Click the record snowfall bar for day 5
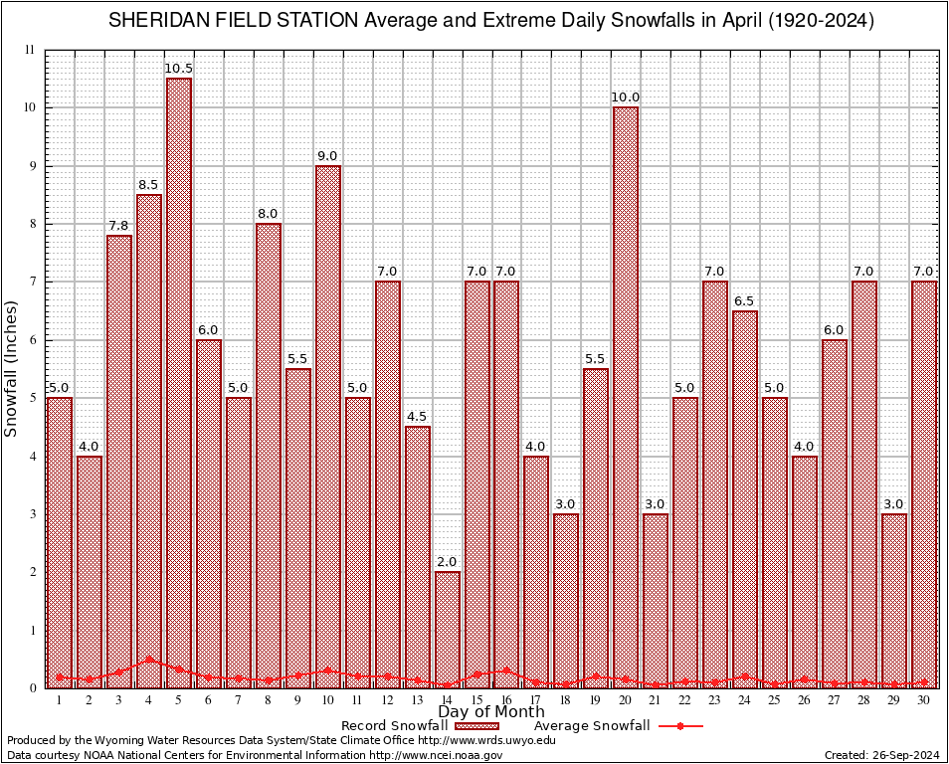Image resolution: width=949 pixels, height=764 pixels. point(179,383)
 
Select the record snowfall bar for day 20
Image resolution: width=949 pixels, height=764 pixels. point(626,398)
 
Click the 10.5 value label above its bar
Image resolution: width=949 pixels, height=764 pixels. point(179,69)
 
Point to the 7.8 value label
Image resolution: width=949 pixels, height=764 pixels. point(119,225)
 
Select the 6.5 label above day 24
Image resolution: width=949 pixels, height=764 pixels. point(745,300)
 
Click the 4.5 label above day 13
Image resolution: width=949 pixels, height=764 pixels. point(418,417)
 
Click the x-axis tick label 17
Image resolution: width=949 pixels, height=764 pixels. point(536,700)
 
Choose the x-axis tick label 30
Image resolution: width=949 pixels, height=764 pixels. point(924,700)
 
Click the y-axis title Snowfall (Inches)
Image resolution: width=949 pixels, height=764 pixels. point(12,369)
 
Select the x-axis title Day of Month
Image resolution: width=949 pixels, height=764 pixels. point(491,712)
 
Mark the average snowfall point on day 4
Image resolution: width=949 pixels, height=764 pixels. point(149,659)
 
